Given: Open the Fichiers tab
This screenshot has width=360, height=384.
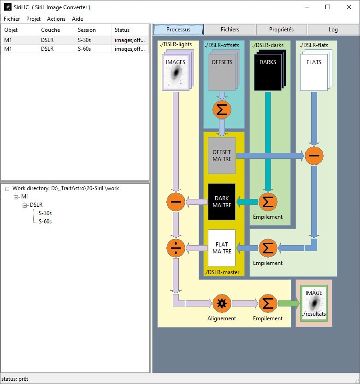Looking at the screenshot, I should coord(230,30).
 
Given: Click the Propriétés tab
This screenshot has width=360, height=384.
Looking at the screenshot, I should coord(281,30).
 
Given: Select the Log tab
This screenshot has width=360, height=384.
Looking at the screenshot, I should coord(333,30).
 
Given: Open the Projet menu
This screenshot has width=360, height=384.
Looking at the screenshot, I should coord(33,19).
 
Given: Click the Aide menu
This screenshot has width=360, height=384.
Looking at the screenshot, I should coord(77,19).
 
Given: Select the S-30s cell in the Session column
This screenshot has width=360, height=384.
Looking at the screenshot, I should coord(86,40).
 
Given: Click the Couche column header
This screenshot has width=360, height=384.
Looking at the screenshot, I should coord(50,30).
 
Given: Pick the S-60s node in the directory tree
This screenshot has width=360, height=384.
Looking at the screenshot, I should coord(45,222).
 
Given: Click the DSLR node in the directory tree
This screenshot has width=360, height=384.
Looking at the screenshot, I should coord(36,205).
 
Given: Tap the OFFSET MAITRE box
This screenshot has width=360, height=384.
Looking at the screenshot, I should coord(222,156).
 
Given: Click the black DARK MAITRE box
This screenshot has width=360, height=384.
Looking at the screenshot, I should coord(222,202).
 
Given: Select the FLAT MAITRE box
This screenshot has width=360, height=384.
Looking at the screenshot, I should coord(222,248).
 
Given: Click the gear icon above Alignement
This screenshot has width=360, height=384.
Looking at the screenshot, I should coord(222,304).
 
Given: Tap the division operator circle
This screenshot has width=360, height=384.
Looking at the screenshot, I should coord(175,248).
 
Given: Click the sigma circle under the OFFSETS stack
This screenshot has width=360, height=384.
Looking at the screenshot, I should coord(222,109).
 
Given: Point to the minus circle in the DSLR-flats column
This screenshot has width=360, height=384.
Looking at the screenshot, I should coord(313,156).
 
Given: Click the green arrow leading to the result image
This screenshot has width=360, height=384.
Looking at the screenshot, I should coord(288,304).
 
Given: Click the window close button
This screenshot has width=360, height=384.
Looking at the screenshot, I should coord(348,7).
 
